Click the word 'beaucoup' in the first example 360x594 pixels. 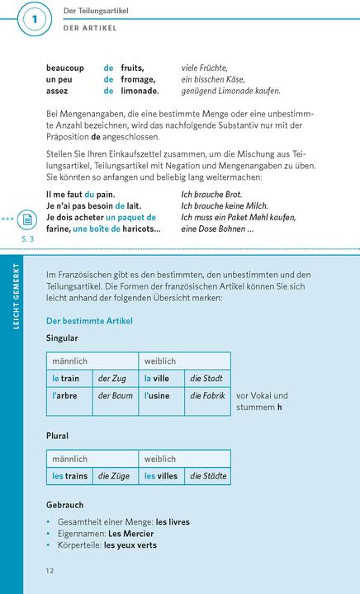click(x=66, y=68)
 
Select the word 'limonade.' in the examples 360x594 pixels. click(x=140, y=91)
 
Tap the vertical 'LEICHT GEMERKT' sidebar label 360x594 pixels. click(x=12, y=322)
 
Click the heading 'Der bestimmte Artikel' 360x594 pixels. click(x=89, y=320)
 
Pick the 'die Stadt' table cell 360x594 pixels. click(x=206, y=379)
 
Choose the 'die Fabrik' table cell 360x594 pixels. click(x=207, y=396)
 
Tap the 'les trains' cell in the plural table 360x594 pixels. click(x=70, y=476)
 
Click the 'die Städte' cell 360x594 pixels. click(x=208, y=476)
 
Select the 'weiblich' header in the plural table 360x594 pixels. click(x=160, y=459)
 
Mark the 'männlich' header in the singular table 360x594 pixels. click(x=69, y=361)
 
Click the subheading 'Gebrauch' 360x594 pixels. click(x=65, y=504)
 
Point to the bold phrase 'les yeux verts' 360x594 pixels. click(x=130, y=545)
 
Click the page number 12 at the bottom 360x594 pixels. click(x=50, y=571)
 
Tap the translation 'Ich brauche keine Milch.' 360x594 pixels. click(x=224, y=205)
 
